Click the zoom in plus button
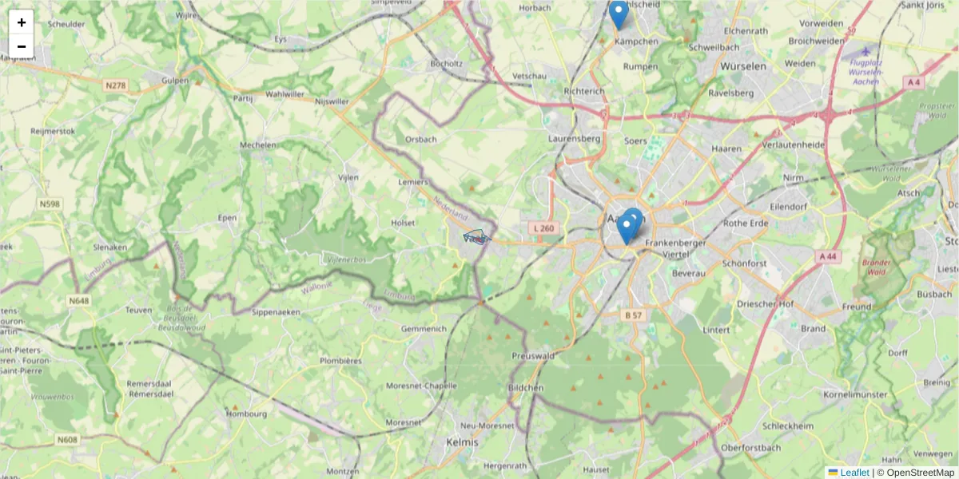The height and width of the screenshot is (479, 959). coord(22,22)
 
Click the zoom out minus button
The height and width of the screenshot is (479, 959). coord(22,46)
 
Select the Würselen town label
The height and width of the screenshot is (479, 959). coord(742,66)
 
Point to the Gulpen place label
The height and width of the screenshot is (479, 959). coord(175,81)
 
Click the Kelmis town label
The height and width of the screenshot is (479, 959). coord(462,442)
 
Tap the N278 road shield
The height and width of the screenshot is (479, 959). coord(115,85)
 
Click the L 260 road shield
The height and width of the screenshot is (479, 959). coord(543,228)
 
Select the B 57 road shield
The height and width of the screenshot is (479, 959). coord(633,315)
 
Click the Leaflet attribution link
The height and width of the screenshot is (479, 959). coord(854,473)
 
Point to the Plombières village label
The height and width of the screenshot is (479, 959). coord(340,361)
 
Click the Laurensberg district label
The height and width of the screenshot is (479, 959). coord(574,138)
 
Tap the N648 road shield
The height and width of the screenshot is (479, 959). coord(78,301)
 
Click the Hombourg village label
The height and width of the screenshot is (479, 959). coord(246,414)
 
